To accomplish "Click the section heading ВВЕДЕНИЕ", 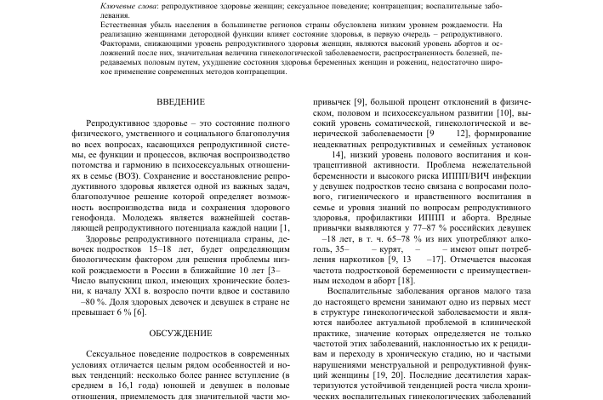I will (181, 103).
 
